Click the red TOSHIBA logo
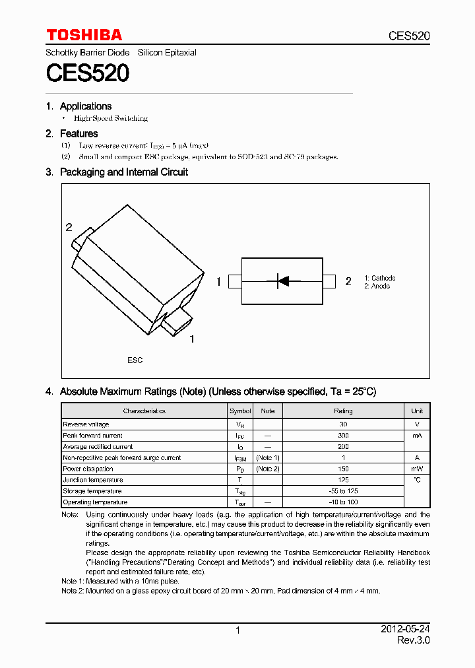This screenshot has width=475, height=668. click(x=84, y=35)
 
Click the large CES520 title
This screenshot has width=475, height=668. click(x=87, y=73)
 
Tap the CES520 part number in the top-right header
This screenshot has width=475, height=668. click(x=408, y=36)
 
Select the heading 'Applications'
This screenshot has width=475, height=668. click(x=85, y=106)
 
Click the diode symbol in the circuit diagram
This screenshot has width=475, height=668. click(x=282, y=281)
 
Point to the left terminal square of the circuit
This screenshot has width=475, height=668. click(x=235, y=282)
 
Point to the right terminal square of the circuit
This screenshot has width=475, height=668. click(x=329, y=282)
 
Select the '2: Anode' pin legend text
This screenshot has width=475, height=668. click(x=377, y=286)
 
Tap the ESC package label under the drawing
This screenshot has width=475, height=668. click(x=135, y=360)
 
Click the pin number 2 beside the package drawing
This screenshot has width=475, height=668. click(x=69, y=228)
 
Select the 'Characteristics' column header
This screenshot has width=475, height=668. click(x=144, y=411)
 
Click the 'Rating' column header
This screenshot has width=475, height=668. click(x=343, y=411)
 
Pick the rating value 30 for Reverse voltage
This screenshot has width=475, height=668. click(x=343, y=424)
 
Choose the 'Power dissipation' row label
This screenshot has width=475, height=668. click(x=88, y=469)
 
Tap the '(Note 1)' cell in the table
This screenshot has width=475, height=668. click(x=268, y=457)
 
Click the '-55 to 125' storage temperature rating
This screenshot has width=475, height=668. click(x=343, y=491)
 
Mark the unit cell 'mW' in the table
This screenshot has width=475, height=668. click(x=417, y=469)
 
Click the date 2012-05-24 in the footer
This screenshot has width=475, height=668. click(x=405, y=630)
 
